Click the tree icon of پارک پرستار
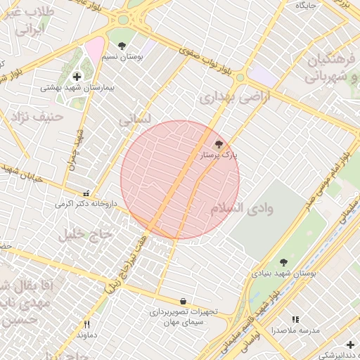click(218, 143)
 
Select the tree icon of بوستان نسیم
click(123, 46)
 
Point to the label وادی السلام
click(242, 209)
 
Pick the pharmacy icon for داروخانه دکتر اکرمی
click(86, 193)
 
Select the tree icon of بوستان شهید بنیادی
click(284, 262)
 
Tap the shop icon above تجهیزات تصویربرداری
click(184, 301)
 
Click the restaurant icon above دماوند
click(87, 324)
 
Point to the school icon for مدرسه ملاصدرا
click(295, 320)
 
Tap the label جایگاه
click(307, 5)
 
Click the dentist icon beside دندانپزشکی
click(350, 344)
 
